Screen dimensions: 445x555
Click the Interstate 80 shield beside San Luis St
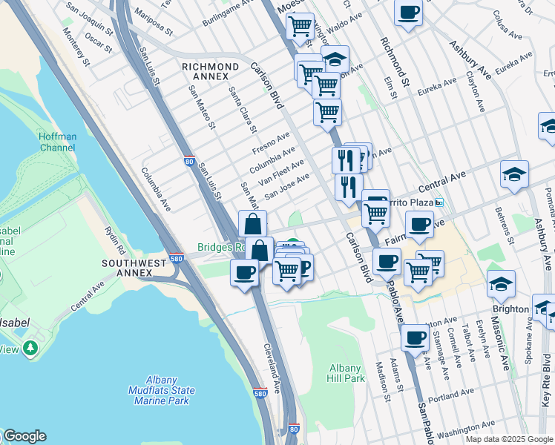click(189, 159)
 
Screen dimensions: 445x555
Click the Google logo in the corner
click(24, 436)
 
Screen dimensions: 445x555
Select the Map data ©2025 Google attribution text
click(508, 439)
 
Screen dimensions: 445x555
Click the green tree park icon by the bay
click(30, 348)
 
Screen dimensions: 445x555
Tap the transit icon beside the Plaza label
click(439, 202)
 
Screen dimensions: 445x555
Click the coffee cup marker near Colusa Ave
click(408, 13)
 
